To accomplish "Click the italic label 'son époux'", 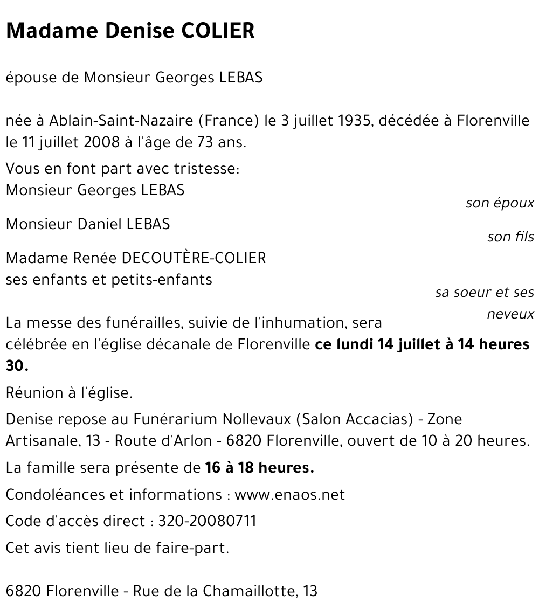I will pyautogui.click(x=500, y=203).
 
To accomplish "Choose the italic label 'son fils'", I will pyautogui.click(x=510, y=237).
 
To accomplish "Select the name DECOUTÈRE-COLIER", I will pyautogui.click(x=194, y=258).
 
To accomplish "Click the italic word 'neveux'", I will pyautogui.click(x=510, y=314).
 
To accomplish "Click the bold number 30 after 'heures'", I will pyautogui.click(x=16, y=366).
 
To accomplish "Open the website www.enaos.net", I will pyautogui.click(x=289, y=495).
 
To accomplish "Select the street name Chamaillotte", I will pyautogui.click(x=248, y=591).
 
